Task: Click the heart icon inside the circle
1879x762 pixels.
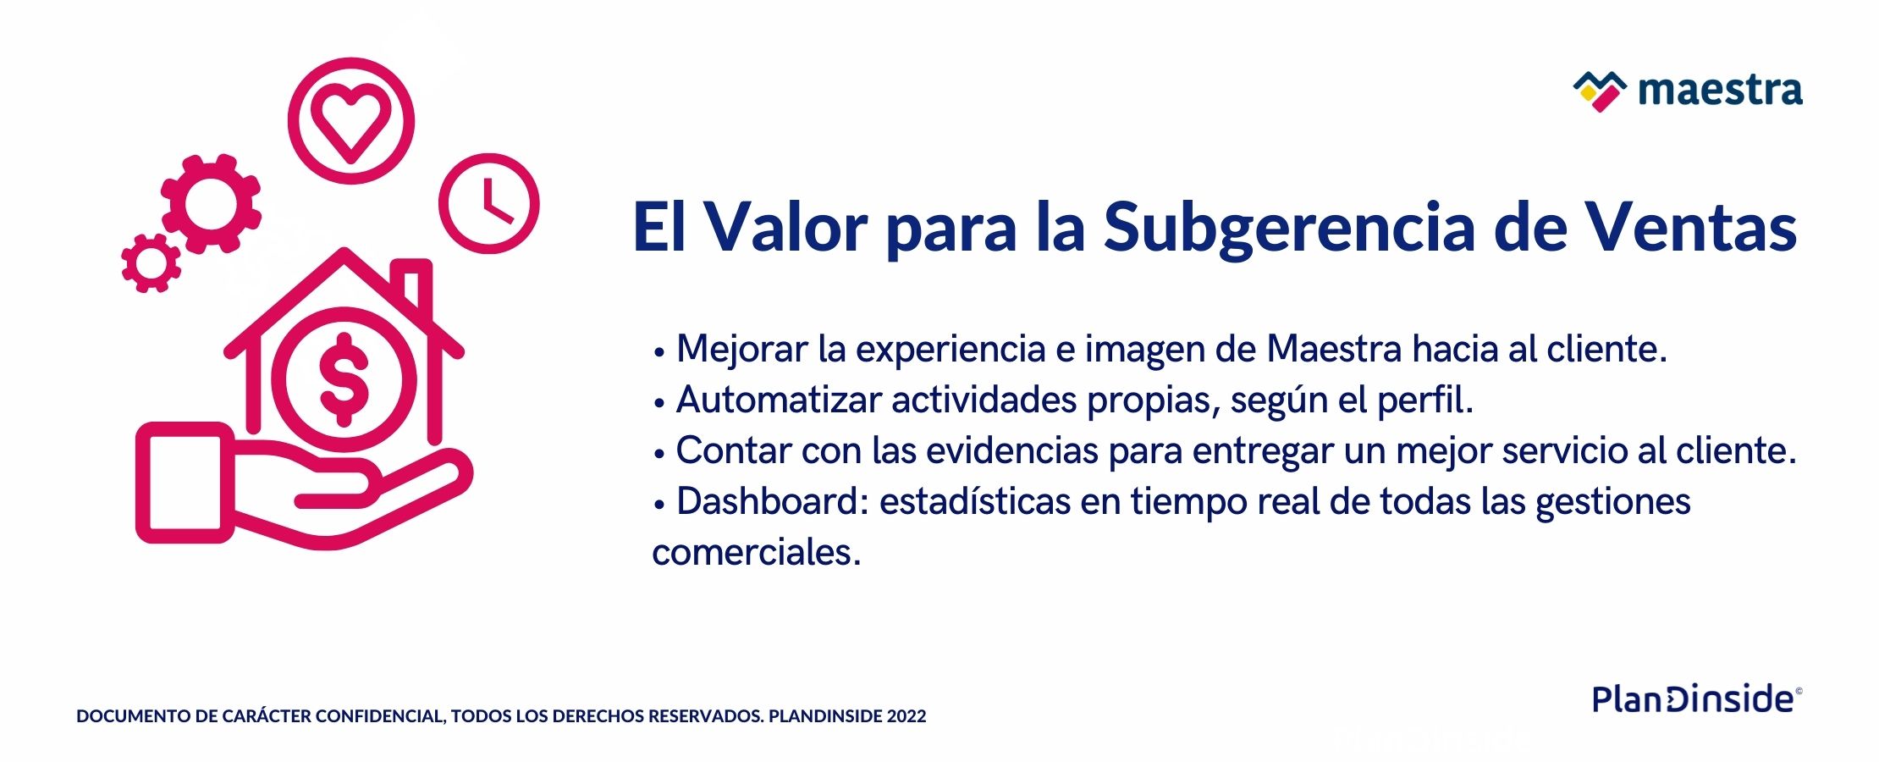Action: pos(350,127)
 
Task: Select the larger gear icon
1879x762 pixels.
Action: pos(211,203)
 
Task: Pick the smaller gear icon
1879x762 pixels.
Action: pos(151,263)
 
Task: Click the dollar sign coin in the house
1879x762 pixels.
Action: pos(344,378)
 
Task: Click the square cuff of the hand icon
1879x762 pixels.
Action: pos(185,483)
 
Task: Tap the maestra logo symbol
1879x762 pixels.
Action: pos(1600,91)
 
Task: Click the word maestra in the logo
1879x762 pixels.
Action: pos(1720,91)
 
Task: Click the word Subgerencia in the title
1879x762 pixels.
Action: pos(1289,229)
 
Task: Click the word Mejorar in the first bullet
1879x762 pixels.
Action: pos(742,350)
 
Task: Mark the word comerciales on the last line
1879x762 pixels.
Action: pos(756,553)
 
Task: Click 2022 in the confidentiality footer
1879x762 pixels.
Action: pos(906,716)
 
